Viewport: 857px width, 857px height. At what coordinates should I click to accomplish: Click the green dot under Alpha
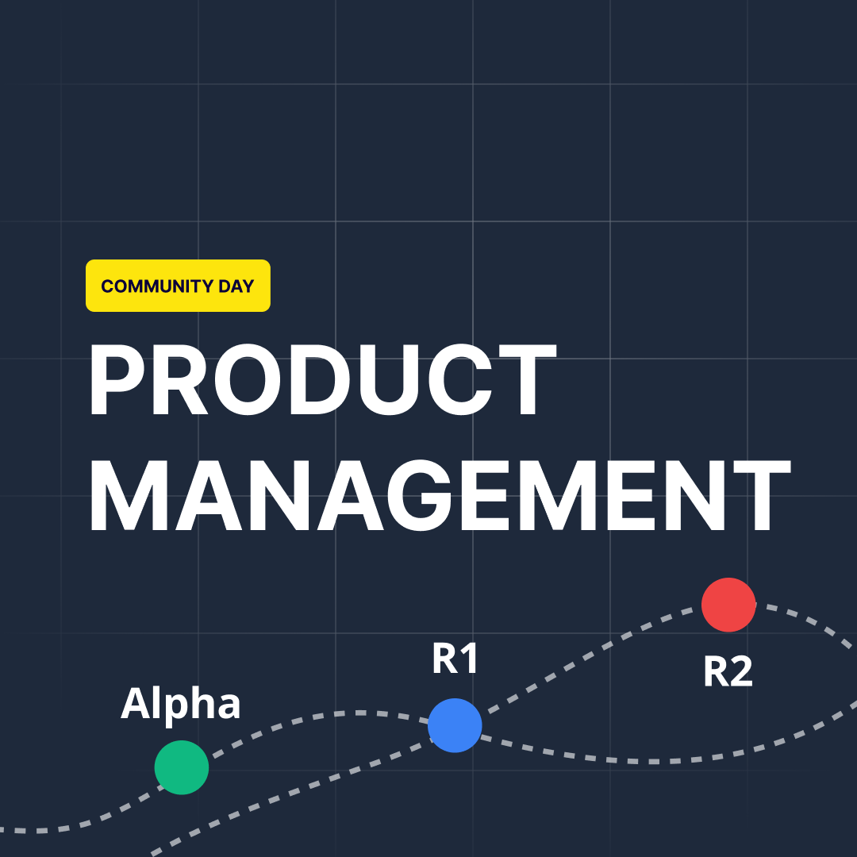182,767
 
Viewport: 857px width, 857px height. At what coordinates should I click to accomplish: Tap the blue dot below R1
455,725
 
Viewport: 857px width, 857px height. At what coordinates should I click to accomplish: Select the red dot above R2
728,605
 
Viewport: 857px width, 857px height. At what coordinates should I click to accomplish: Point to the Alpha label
180,704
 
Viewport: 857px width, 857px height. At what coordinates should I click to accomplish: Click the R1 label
455,659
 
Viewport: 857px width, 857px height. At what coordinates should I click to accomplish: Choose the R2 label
728,671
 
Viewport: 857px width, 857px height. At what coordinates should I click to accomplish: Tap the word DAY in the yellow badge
235,286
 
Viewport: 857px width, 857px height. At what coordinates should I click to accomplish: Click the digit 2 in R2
740,671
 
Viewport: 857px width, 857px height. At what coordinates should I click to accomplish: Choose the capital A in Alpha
136,704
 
